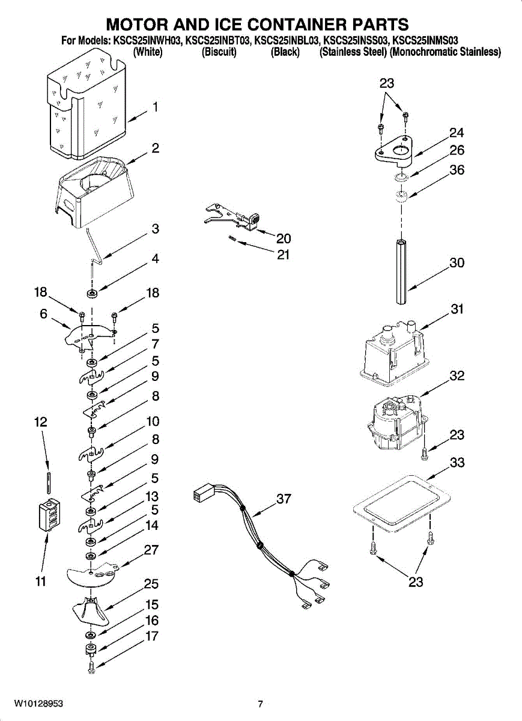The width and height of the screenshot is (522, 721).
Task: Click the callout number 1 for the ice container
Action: [156, 107]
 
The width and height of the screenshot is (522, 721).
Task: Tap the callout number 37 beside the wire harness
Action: [284, 499]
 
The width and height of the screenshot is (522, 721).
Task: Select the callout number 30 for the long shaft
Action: [457, 263]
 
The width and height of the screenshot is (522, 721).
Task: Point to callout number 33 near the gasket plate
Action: [457, 463]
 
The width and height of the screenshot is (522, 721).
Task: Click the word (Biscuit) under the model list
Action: [219, 52]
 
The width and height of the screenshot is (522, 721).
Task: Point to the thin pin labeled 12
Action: [48, 483]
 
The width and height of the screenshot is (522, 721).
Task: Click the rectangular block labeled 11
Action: [50, 514]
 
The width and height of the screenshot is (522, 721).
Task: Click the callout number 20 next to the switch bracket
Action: [284, 239]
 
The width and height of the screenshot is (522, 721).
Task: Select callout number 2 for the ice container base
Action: [156, 148]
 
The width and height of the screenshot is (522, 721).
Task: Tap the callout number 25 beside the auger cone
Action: [151, 583]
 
